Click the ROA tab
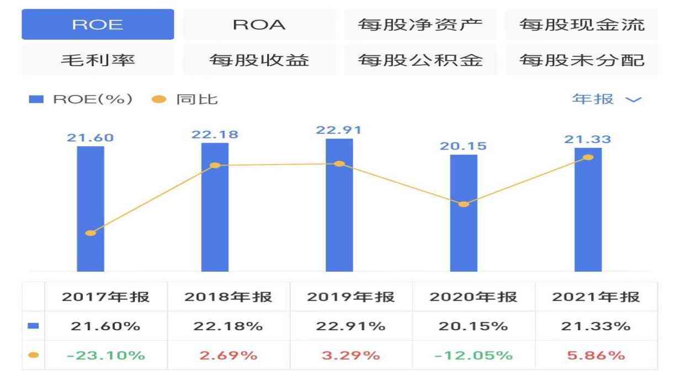[x=259, y=25]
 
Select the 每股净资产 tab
[x=420, y=25]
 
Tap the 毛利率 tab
[x=98, y=60]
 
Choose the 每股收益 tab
[x=259, y=60]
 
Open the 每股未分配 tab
[x=582, y=60]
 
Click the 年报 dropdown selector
[x=607, y=99]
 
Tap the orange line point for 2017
[x=91, y=233]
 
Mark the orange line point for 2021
[x=588, y=157]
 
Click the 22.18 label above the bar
[x=215, y=134]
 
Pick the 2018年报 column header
[x=229, y=297]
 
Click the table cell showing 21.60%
[x=105, y=326]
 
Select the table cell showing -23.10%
[x=105, y=355]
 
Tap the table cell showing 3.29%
[x=351, y=355]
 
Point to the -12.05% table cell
[x=474, y=355]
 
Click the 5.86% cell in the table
[x=596, y=355]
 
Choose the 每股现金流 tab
[x=582, y=25]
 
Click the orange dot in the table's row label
[x=33, y=355]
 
